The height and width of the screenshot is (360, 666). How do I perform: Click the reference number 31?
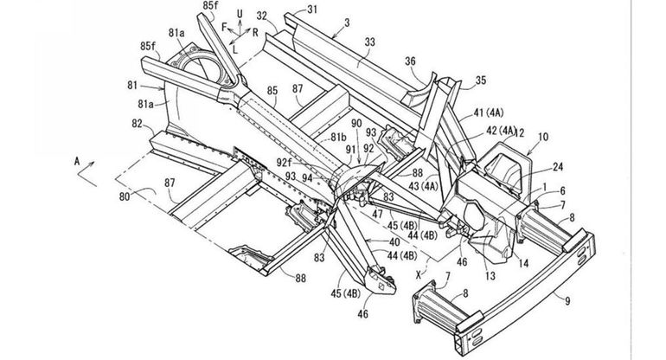311,10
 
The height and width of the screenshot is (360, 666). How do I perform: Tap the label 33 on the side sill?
369,42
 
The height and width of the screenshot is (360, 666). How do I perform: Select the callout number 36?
410,61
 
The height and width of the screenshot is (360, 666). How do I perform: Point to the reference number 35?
480,80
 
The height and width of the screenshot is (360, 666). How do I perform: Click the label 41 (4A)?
489,113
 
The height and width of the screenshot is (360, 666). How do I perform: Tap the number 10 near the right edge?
543,138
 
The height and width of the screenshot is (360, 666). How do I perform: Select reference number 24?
558,167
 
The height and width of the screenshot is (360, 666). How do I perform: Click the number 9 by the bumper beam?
567,301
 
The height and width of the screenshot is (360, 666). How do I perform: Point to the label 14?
523,264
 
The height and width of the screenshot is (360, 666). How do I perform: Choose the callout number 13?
490,276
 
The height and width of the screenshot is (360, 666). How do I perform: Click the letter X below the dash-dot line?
419,275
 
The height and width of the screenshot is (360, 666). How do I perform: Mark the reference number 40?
394,241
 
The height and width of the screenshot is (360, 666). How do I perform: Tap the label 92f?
285,162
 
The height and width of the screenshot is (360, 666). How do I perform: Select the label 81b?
339,137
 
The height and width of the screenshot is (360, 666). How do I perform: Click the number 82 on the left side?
137,124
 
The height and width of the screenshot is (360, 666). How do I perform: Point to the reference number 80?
125,196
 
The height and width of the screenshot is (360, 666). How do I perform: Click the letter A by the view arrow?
77,161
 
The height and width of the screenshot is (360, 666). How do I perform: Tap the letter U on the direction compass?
240,14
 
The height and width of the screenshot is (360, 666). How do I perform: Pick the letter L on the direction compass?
235,49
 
